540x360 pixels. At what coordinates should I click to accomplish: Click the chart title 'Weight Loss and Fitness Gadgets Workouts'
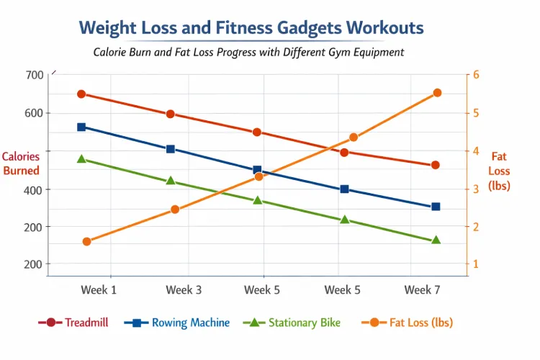click(x=251, y=28)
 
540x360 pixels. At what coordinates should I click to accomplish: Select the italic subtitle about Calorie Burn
click(x=248, y=53)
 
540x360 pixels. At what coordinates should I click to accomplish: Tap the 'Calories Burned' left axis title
click(x=21, y=163)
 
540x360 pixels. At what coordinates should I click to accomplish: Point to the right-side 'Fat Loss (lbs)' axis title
click(x=499, y=171)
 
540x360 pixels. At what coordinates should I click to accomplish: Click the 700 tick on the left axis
click(x=34, y=75)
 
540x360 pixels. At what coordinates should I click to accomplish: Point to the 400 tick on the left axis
click(x=34, y=189)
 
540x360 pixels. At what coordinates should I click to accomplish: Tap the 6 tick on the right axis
click(x=477, y=75)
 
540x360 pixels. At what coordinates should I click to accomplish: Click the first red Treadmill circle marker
click(x=81, y=94)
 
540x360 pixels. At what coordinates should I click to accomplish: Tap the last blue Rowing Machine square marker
click(x=436, y=207)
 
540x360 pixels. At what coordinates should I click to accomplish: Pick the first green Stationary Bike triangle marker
click(x=81, y=159)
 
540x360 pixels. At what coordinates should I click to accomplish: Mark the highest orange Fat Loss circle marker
click(x=437, y=93)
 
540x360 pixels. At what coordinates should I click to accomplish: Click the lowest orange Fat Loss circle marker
click(x=86, y=242)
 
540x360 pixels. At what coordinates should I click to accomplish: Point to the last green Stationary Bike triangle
click(x=436, y=240)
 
